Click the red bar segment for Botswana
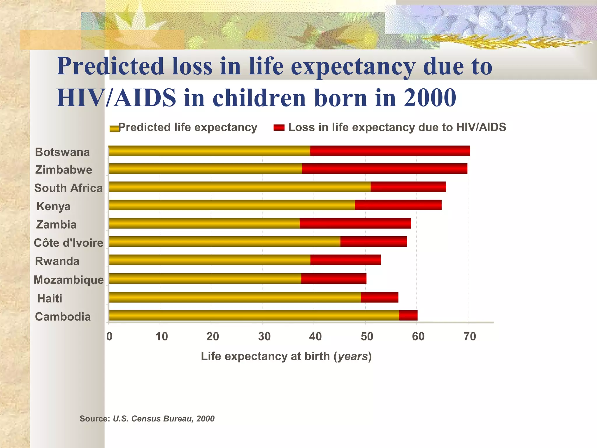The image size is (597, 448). [x=390, y=151]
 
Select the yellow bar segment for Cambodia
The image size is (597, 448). [x=254, y=315]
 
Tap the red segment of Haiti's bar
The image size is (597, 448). [x=380, y=297]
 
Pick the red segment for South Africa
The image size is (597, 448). [x=408, y=187]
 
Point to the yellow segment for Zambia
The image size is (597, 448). [x=204, y=223]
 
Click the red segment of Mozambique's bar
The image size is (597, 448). [x=334, y=279]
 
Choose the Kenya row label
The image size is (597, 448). [x=53, y=206]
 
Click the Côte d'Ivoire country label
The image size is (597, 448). [x=69, y=243]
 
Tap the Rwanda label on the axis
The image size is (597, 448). [x=57, y=261]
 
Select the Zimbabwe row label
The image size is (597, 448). [x=64, y=170]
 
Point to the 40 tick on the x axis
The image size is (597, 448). [x=315, y=337]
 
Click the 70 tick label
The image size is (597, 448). [x=470, y=337]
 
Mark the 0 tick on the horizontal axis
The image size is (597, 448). [x=109, y=337]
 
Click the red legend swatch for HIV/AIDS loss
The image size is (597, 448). [x=279, y=127]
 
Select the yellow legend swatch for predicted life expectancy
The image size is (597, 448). [x=114, y=128]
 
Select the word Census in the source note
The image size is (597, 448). [x=146, y=419]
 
